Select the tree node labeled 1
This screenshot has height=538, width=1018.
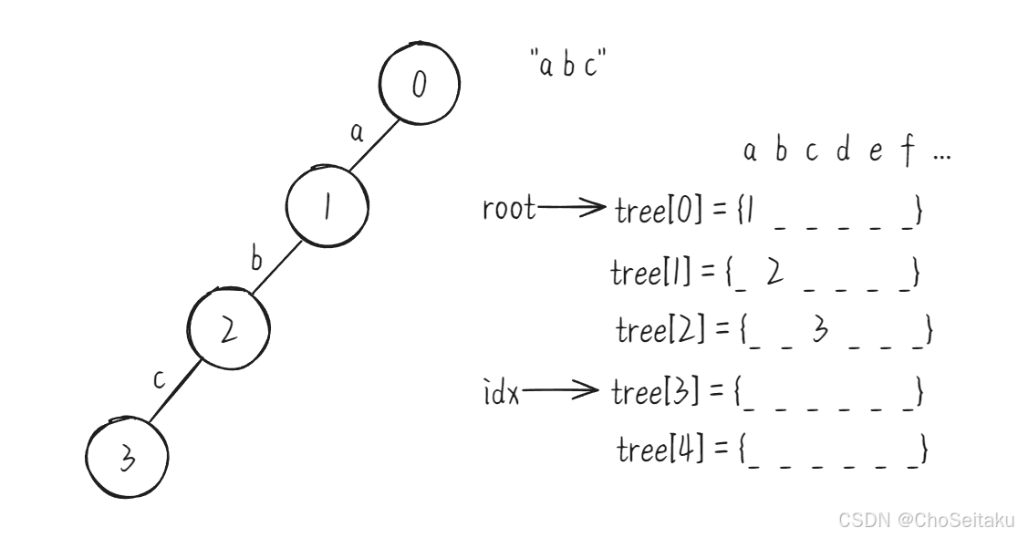coord(327,208)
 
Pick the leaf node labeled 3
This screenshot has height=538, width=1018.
coord(127,458)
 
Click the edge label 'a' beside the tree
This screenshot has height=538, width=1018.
coord(357,133)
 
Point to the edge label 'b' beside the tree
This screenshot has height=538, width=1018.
coord(257,259)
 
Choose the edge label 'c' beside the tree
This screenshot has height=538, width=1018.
coord(159,379)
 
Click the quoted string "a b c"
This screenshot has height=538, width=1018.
coord(568,66)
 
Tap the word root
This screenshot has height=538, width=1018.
coord(508,210)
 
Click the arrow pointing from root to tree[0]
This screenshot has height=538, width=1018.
coord(573,211)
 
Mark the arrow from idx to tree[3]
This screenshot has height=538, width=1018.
coord(563,393)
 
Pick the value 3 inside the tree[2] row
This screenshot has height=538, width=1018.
coord(819,330)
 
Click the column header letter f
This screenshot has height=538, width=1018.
coord(907,152)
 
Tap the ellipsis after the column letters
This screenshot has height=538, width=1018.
coord(941,155)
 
